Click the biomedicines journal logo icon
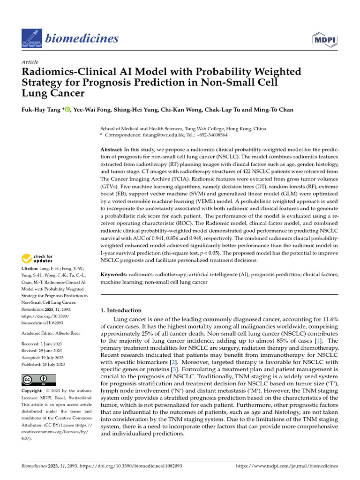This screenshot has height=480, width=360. (31, 38)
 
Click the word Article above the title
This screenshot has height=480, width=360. (30, 62)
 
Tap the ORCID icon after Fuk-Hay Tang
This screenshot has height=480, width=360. (67, 110)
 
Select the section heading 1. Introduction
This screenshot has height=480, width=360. (121, 310)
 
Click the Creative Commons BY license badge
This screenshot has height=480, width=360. (39, 380)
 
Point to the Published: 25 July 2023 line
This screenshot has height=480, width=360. (44, 364)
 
